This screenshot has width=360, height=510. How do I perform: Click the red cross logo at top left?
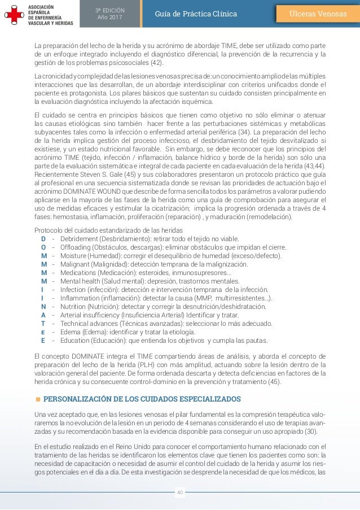(11, 14)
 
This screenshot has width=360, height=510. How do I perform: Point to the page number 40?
(180, 492)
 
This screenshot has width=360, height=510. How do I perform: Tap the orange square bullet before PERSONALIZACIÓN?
(38, 400)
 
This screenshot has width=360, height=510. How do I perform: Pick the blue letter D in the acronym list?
(43, 238)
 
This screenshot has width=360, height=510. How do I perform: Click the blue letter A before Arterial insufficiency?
(43, 315)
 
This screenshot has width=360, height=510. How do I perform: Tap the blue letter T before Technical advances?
(43, 324)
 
